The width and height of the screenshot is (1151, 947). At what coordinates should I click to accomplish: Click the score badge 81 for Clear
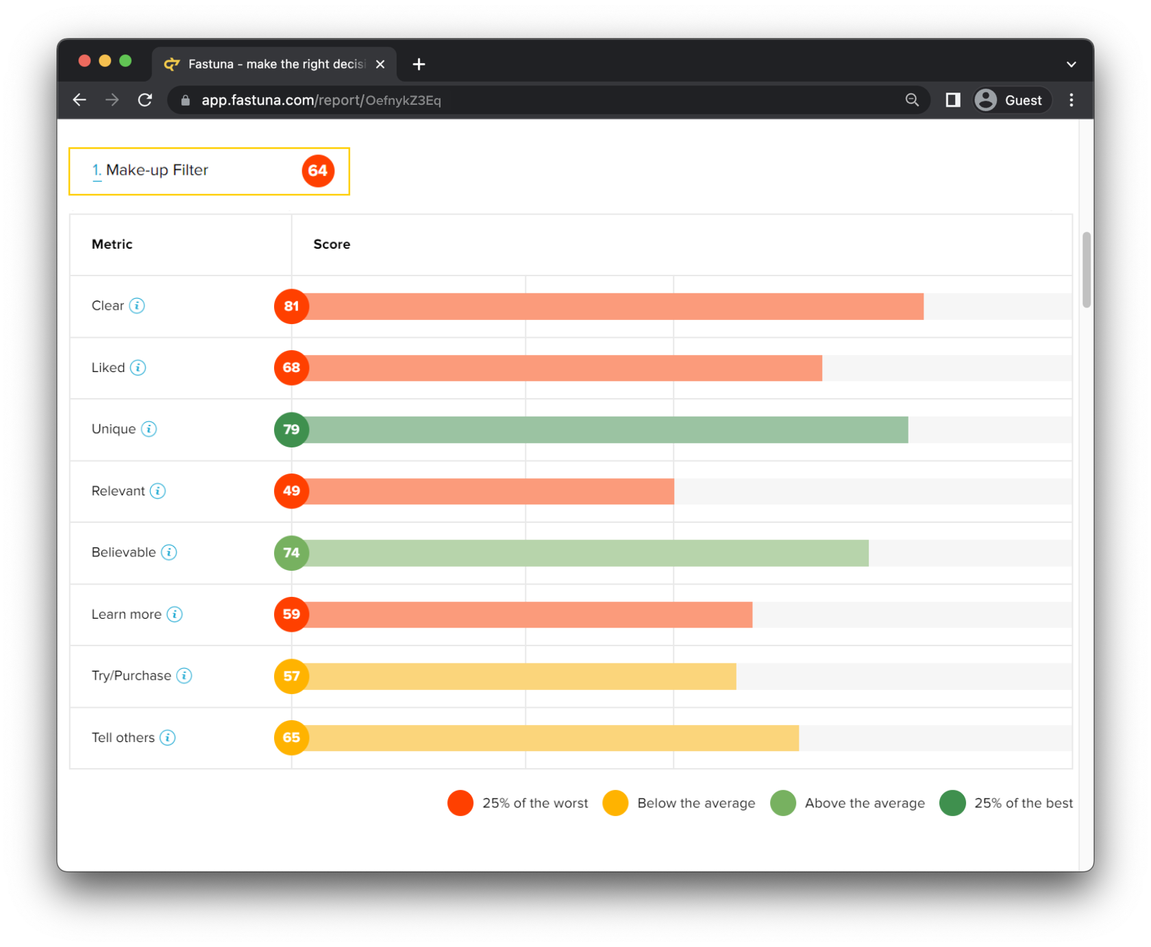point(291,306)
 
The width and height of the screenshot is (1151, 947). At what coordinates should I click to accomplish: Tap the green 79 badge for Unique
point(291,430)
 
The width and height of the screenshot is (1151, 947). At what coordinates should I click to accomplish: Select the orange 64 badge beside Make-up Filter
point(318,171)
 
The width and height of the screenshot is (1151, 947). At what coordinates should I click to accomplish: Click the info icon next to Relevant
point(158,491)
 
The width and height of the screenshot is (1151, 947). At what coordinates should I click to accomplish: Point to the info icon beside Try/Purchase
point(184,676)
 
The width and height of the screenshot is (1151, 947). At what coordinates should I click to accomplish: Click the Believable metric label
point(123,553)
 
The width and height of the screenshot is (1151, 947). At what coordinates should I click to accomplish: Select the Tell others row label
point(123,738)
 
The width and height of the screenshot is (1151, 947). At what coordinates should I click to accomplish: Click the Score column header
point(332,245)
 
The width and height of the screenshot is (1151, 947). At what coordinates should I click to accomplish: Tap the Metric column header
point(112,245)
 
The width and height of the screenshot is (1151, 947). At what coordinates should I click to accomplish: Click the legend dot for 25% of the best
point(952,803)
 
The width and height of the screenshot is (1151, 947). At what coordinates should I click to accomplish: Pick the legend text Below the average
point(695,803)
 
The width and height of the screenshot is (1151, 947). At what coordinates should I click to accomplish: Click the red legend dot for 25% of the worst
point(460,803)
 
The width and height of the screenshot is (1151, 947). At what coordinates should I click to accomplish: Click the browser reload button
point(145,100)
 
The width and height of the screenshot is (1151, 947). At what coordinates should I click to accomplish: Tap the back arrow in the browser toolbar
point(79,100)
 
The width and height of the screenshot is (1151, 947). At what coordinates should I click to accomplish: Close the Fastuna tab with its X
point(380,64)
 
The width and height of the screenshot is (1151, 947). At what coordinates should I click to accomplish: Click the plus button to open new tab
point(419,64)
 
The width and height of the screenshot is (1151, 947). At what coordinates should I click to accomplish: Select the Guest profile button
point(1011,100)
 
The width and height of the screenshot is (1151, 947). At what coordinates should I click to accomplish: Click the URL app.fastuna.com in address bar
point(321,100)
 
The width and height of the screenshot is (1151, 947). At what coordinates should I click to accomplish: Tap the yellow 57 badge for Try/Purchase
point(291,676)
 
